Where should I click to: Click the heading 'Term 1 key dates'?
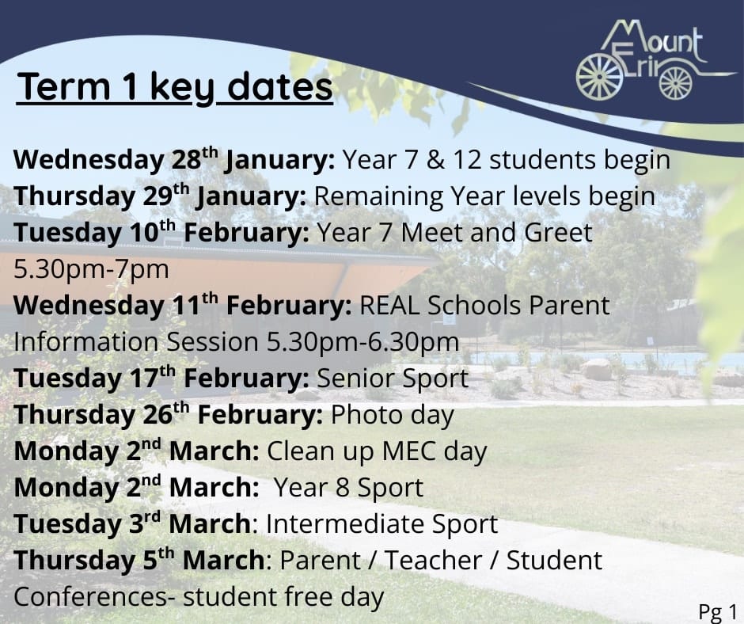coord(175,88)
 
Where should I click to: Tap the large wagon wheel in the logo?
coord(599,77)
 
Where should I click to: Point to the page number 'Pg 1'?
coord(717,611)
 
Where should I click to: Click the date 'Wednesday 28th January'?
coord(174,159)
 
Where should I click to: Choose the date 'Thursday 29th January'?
coord(160,196)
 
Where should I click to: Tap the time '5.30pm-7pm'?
coord(91,269)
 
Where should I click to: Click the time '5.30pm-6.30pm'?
coord(363,342)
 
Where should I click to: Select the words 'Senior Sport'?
coord(393,379)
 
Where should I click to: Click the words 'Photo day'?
coord(393,415)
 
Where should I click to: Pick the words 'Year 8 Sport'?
coord(349,488)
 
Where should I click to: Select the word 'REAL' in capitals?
coord(389,306)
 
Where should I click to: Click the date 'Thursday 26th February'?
coord(169,415)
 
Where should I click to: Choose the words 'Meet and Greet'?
coord(496,233)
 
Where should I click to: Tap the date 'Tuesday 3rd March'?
coord(132,523)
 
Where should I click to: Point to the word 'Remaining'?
coord(378,196)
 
